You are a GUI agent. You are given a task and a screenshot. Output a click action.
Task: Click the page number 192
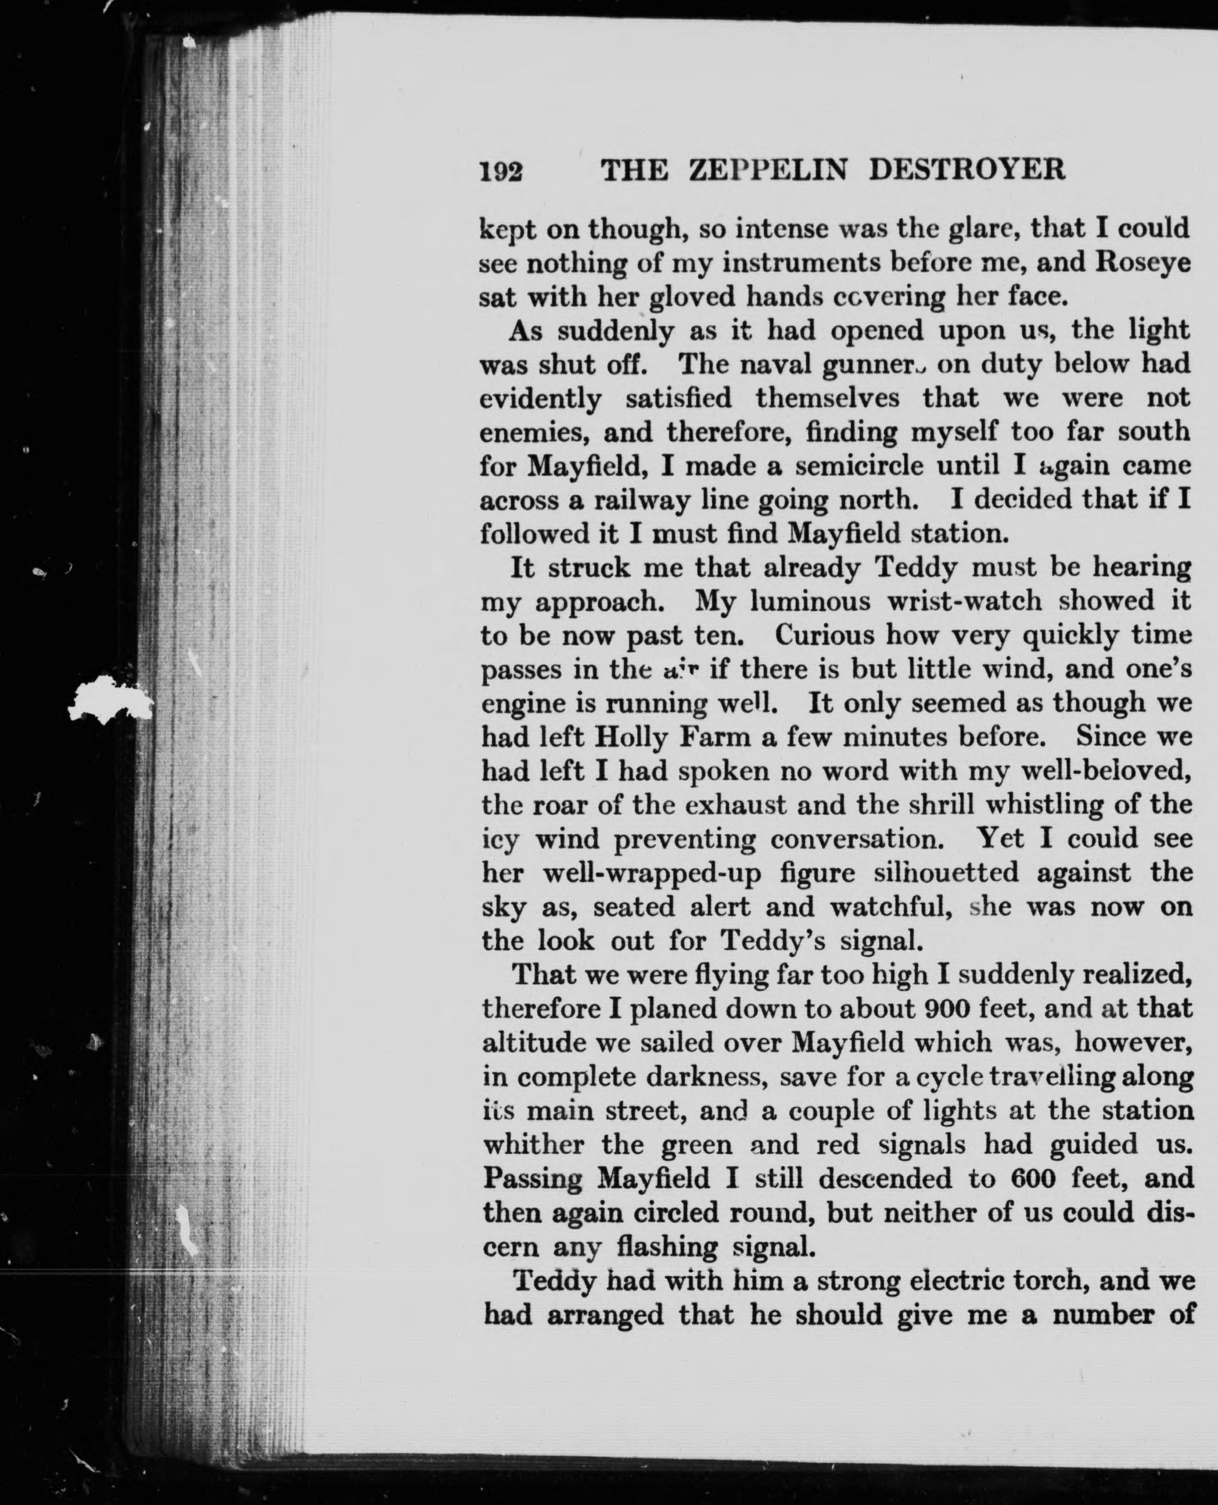tap(501, 171)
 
